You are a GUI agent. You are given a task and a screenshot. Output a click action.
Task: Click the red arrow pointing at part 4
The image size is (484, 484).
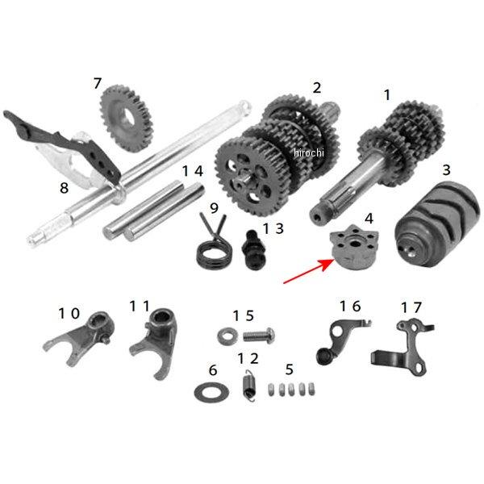pyautogui.click(x=309, y=271)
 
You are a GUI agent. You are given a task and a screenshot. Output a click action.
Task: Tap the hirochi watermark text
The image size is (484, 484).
pyautogui.click(x=309, y=152)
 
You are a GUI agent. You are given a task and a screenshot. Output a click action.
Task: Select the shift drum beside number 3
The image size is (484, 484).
pyautogui.click(x=437, y=224)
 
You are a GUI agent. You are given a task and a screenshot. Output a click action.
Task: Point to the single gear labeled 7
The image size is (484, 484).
pyautogui.click(x=127, y=119)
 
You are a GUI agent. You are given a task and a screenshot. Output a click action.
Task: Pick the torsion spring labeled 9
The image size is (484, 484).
pyautogui.click(x=213, y=244)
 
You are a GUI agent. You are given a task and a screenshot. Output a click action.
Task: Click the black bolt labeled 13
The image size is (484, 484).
pyautogui.click(x=254, y=250)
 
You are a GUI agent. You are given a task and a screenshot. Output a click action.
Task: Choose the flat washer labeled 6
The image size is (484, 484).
pyautogui.click(x=211, y=392)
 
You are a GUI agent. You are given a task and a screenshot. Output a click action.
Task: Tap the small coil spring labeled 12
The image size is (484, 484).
pyautogui.click(x=248, y=386)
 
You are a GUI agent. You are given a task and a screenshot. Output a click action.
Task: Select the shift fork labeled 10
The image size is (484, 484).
pyautogui.click(x=81, y=339)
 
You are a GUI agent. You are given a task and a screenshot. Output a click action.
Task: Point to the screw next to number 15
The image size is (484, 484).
pyautogui.click(x=259, y=336)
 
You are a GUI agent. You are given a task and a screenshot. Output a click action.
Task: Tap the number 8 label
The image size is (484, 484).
pyautogui.click(x=64, y=187)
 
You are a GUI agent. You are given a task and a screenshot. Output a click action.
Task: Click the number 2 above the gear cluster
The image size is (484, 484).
pyautogui.click(x=317, y=88)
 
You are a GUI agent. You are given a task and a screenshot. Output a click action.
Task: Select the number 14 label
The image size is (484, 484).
pyautogui.click(x=193, y=171)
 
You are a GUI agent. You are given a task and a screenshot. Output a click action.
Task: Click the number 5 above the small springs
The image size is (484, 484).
pyautogui.click(x=290, y=369)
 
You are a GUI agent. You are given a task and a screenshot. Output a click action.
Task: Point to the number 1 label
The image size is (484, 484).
pyautogui.click(x=387, y=94)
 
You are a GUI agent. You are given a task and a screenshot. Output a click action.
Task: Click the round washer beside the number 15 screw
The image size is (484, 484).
pyautogui.click(x=227, y=336)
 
